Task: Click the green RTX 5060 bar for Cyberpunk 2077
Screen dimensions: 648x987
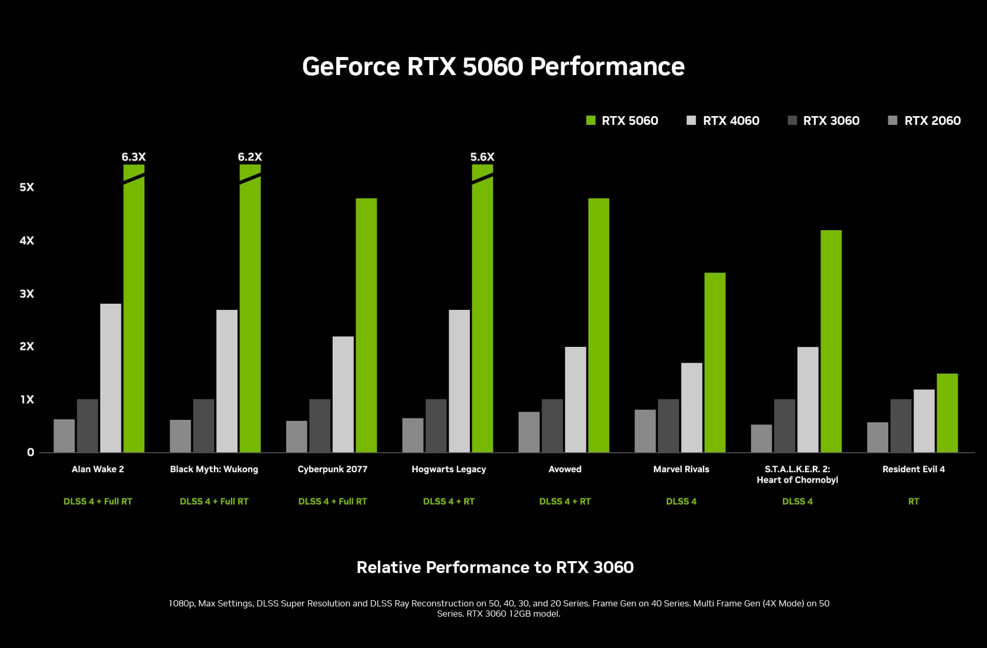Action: point(366,325)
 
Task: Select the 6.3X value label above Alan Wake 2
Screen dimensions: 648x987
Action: point(134,157)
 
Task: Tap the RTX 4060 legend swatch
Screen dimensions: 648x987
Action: point(691,121)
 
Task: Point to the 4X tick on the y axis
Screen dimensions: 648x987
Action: point(27,240)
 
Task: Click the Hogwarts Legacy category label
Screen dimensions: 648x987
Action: point(448,469)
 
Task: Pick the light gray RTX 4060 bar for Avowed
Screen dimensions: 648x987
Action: point(575,399)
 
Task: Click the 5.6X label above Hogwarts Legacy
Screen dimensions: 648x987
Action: point(482,157)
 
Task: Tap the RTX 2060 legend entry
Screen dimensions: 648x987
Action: point(924,121)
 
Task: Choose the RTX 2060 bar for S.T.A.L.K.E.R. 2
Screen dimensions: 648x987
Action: point(761,438)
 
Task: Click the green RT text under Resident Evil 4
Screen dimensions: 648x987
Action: point(913,502)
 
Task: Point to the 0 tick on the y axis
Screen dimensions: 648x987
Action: point(30,452)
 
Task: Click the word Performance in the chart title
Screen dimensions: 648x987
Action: point(607,67)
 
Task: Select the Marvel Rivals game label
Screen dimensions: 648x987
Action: point(681,469)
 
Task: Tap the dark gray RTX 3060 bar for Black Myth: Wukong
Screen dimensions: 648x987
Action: point(204,425)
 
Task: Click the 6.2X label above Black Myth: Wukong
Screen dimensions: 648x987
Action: point(250,157)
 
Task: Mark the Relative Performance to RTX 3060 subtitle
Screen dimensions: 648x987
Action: point(495,567)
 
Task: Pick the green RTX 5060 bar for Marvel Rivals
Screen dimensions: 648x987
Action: point(715,362)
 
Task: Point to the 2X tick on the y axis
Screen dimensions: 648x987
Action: point(27,346)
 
